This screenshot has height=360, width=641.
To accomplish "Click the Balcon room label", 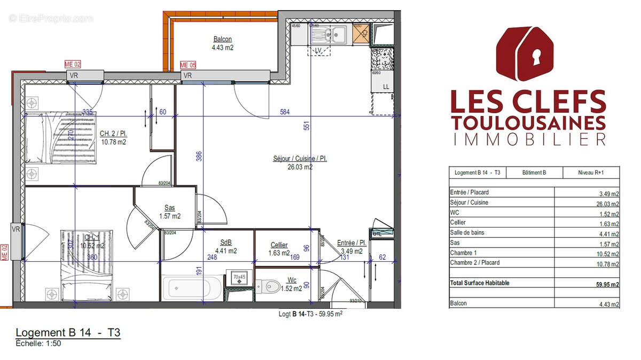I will (x=223, y=40).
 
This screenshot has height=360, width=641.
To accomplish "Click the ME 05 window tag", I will (x=189, y=65).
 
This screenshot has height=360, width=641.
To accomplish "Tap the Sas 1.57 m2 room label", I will (x=170, y=212).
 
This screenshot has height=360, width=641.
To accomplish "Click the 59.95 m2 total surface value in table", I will (x=607, y=285).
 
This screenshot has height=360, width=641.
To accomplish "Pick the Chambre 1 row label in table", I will (x=463, y=253).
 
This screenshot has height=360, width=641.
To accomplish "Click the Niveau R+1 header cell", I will (x=591, y=173).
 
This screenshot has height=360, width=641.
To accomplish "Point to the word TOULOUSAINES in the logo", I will (x=528, y=122).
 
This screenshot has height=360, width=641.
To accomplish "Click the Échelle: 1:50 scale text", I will (x=38, y=343).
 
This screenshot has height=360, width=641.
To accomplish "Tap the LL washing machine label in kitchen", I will (x=386, y=87).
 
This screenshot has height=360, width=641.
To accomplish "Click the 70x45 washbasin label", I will (x=239, y=277).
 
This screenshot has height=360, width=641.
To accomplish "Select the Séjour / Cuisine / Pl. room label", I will (x=300, y=159).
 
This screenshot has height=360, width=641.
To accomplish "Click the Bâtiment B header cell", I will (x=534, y=173).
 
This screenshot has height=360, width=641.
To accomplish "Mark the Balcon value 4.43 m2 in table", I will (x=609, y=304).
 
